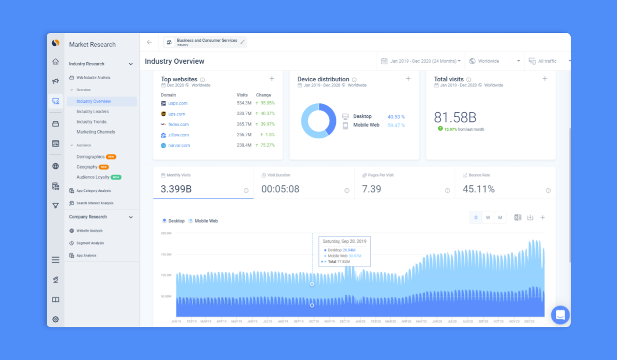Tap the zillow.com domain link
click(x=178, y=135)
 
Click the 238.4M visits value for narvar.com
click(x=244, y=146)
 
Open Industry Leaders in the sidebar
click(x=93, y=112)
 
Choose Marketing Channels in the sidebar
click(x=96, y=132)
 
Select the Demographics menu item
click(x=90, y=157)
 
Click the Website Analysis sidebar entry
click(x=89, y=231)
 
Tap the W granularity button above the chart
click(x=488, y=218)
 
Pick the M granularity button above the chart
click(x=500, y=218)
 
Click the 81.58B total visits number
click(x=455, y=117)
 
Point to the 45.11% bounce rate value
click(x=478, y=189)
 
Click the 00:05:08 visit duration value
click(x=280, y=189)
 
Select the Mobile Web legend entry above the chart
click(x=206, y=221)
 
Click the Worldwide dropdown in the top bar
click(x=494, y=61)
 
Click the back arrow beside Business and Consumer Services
click(x=149, y=42)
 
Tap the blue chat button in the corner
click(x=560, y=315)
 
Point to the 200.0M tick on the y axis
click(x=166, y=233)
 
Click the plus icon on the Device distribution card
click(x=408, y=79)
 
